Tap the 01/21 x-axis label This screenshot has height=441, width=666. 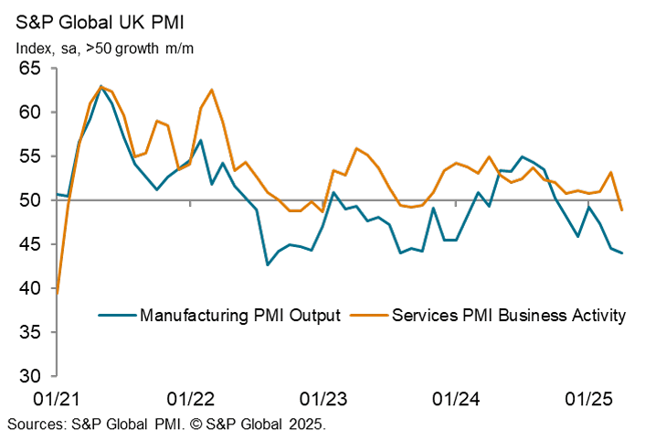[57, 399]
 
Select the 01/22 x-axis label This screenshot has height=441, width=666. [190, 399]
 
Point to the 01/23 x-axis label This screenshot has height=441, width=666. [323, 399]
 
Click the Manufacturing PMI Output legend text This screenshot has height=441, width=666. [240, 316]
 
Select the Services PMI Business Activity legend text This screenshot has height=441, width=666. [509, 316]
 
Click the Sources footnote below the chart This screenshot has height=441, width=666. [166, 425]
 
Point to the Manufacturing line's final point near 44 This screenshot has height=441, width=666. [622, 253]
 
